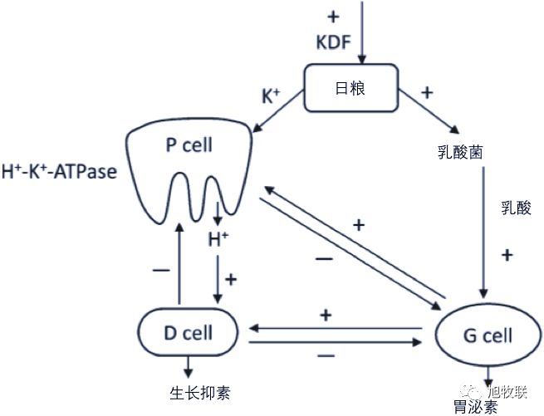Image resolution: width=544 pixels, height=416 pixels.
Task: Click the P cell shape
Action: point(189,166)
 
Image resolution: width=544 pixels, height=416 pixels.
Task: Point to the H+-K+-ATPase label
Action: point(59,172)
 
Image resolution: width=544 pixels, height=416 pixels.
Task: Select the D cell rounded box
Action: point(188,333)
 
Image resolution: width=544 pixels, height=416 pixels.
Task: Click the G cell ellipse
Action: point(487,336)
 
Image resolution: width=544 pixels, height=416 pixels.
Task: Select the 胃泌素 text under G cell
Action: point(476,407)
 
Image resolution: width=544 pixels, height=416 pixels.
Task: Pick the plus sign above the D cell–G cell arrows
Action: point(326,315)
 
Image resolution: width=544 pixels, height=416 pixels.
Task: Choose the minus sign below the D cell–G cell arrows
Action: point(326,355)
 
